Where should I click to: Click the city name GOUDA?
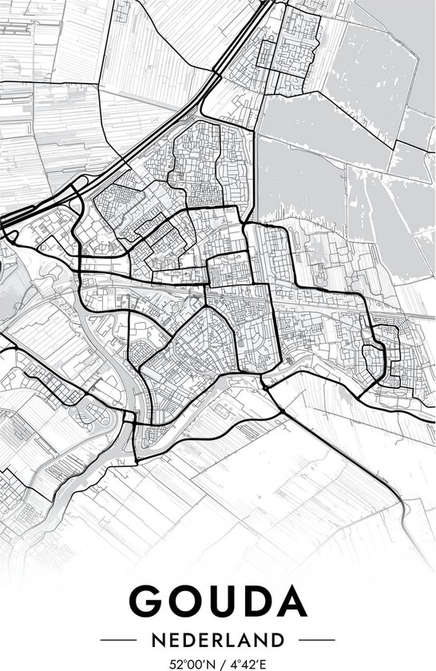(x=217, y=601)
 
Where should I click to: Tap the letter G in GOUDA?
(x=146, y=601)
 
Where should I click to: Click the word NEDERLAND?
(x=218, y=640)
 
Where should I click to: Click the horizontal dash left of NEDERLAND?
(x=117, y=640)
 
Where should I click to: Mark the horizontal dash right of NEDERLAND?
(x=319, y=640)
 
